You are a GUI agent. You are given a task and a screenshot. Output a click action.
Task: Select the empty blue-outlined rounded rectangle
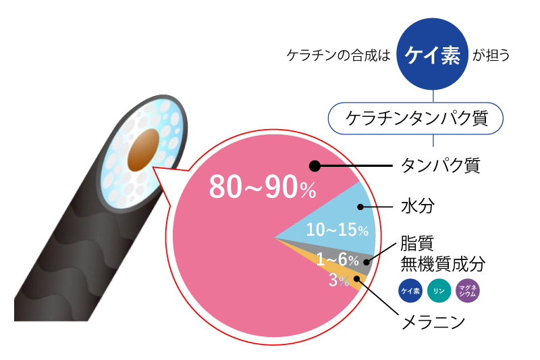coord(415,118)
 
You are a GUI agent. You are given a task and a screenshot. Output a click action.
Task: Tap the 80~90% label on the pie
coord(262,187)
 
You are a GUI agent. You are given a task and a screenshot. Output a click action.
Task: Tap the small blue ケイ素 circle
coord(410,291)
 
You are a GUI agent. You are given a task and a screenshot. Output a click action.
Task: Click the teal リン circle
coord(439,291)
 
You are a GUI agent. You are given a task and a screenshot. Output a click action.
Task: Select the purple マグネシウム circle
coord(468,291)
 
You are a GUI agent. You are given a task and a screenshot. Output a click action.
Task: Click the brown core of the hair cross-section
coord(142,151)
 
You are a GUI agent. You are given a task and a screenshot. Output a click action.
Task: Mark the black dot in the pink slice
coord(314,165)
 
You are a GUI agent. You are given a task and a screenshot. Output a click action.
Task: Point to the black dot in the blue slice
coord(362,205)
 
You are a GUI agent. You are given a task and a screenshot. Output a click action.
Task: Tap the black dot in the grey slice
coord(367,261)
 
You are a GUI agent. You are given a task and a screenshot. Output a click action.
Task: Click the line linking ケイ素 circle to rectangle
coord(433,97)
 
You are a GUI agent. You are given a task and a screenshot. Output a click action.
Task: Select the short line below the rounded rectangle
coord(433,140)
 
